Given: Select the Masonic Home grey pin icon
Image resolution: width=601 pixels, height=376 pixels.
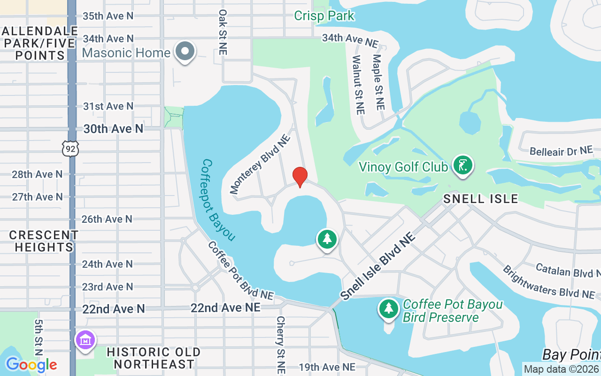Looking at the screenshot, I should [185, 51].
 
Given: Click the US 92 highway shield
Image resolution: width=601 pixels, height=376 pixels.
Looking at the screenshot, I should [70, 149].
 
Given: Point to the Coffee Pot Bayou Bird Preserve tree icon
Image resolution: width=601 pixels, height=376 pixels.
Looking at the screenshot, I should [389, 309].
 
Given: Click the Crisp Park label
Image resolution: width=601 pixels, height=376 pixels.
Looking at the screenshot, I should [324, 16].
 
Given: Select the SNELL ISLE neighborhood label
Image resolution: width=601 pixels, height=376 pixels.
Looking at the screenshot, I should [481, 199].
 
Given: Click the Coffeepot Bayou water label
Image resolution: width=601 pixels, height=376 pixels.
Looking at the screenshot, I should [218, 200].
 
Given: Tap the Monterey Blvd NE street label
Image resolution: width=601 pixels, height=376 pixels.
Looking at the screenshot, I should [260, 163].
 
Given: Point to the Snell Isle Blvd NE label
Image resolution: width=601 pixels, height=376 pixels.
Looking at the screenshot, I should [378, 266].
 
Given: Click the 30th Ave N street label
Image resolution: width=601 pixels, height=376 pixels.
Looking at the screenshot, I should [113, 129].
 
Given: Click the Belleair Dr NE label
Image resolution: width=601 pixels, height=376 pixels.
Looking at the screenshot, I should [561, 151].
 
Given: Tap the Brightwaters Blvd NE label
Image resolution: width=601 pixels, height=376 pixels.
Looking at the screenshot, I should [548, 282].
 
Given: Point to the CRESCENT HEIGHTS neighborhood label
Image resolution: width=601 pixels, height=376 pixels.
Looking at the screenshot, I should [44, 241].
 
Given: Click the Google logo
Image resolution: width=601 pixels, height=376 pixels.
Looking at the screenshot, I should [31, 365].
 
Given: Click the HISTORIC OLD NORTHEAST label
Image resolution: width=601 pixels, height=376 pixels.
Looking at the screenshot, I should [154, 358].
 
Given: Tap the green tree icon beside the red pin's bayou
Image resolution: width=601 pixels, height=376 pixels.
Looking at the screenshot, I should [327, 240].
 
